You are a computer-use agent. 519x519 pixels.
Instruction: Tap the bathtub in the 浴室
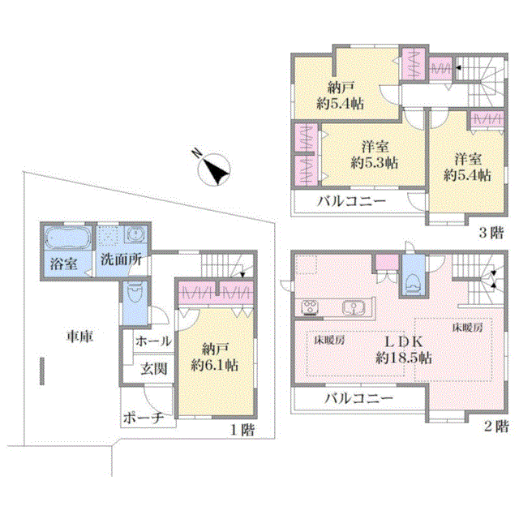tap(68, 237)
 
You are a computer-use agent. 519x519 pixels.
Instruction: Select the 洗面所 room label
tap(121, 259)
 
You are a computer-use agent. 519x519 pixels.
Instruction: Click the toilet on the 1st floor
tap(135, 293)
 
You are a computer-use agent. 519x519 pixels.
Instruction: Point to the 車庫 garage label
tap(79, 337)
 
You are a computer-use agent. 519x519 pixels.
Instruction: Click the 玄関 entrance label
tap(153, 369)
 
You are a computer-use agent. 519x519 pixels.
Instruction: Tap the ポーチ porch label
tap(144, 418)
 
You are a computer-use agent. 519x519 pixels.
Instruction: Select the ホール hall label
tap(153, 341)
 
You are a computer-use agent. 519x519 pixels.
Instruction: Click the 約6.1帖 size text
tap(214, 365)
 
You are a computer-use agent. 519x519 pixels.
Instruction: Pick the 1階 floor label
tap(242, 430)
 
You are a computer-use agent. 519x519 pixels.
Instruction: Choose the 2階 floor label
tap(495, 426)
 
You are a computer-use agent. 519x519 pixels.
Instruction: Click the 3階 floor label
tap(491, 233)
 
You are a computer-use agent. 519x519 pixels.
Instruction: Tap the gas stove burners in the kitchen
tap(310, 307)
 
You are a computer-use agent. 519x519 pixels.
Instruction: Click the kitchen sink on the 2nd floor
tap(354, 307)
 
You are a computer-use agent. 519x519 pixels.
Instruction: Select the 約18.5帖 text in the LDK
tap(404, 358)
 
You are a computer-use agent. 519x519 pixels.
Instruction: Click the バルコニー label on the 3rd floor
tap(351, 201)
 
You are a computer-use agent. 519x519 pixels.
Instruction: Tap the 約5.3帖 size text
tap(375, 162)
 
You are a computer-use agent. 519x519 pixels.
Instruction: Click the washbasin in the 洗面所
tap(135, 234)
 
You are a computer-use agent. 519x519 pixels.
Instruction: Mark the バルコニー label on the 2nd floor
tap(358, 397)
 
